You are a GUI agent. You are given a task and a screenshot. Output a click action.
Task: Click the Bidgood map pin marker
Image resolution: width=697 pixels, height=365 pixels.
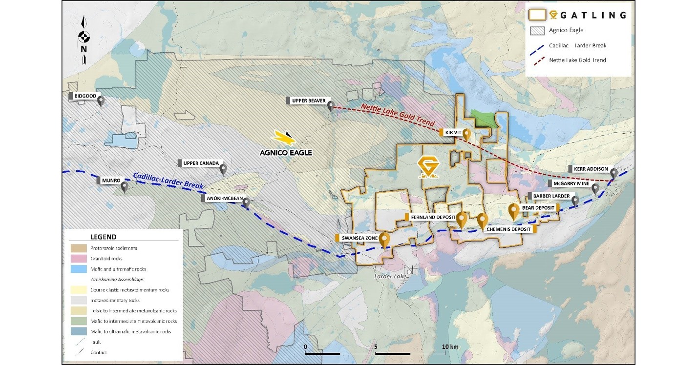[101, 101]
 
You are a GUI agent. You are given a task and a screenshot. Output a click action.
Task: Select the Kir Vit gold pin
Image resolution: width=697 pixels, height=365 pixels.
[466, 134]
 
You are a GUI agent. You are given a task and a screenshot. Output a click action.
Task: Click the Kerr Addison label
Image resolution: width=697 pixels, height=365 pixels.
[588, 169]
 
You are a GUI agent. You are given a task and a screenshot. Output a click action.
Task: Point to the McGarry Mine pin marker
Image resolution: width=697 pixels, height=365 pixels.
[595, 188]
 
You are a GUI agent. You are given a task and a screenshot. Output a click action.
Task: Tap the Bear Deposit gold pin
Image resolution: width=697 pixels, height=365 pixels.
[513, 211]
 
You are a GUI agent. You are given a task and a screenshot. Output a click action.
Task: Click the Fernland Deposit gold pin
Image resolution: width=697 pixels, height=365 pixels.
[461, 220]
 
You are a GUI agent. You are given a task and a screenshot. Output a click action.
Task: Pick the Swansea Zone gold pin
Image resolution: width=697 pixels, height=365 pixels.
[385, 239]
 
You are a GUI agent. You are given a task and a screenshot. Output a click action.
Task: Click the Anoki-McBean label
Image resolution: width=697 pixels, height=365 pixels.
[220, 199]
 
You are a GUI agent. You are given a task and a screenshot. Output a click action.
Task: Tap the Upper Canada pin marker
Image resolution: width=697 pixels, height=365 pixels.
[223, 169]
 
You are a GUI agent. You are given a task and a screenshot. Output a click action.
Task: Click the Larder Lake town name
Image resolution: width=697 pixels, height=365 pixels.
[390, 277]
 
